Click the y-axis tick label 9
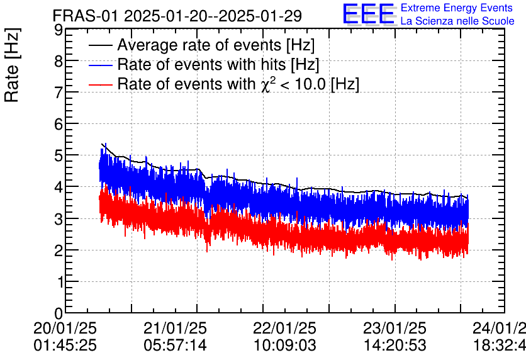click(57, 30)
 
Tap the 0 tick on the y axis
click(57, 313)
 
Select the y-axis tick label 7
click(57, 93)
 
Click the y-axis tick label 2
click(57, 250)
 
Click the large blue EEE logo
click(369, 14)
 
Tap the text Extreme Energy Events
click(457, 8)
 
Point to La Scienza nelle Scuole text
click(457, 21)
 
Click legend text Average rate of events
click(216, 46)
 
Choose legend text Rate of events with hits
click(218, 65)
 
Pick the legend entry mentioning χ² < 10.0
click(238, 84)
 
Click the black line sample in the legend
click(100, 46)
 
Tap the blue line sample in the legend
click(100, 65)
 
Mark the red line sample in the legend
click(100, 84)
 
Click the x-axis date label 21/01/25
click(176, 329)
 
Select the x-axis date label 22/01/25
click(285, 329)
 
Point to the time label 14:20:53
click(395, 346)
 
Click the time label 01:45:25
click(65, 346)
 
